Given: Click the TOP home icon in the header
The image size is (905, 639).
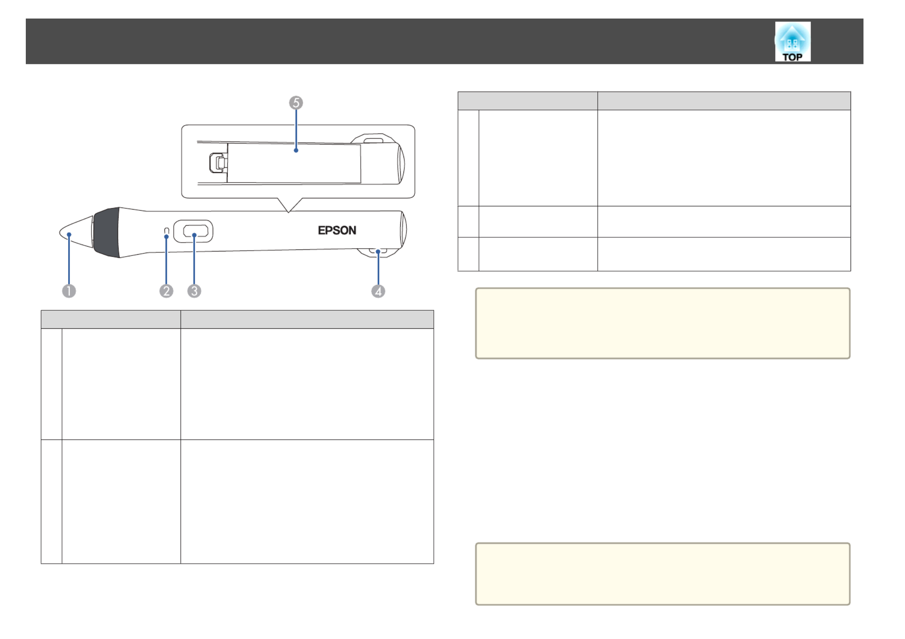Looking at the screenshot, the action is point(792,41).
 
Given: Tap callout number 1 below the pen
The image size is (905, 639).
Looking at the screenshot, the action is point(69,291).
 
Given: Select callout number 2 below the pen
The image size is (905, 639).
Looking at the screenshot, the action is point(166,291).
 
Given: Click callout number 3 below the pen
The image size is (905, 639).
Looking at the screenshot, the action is point(194,291).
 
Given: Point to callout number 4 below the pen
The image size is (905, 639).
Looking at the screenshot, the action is point(378,291).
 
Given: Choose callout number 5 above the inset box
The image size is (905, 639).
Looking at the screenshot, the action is point(296,103).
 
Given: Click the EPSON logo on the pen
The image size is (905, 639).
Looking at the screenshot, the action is point(337,230).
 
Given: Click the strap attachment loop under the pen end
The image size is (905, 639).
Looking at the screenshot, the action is point(377,252).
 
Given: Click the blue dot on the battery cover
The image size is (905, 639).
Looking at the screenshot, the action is point(296,150).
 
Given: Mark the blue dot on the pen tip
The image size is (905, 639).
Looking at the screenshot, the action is point(69,234).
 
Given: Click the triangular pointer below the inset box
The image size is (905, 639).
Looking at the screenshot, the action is point(288,205).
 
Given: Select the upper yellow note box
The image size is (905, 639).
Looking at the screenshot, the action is point(663,323).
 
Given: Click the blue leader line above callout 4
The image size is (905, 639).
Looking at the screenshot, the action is point(378,268).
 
